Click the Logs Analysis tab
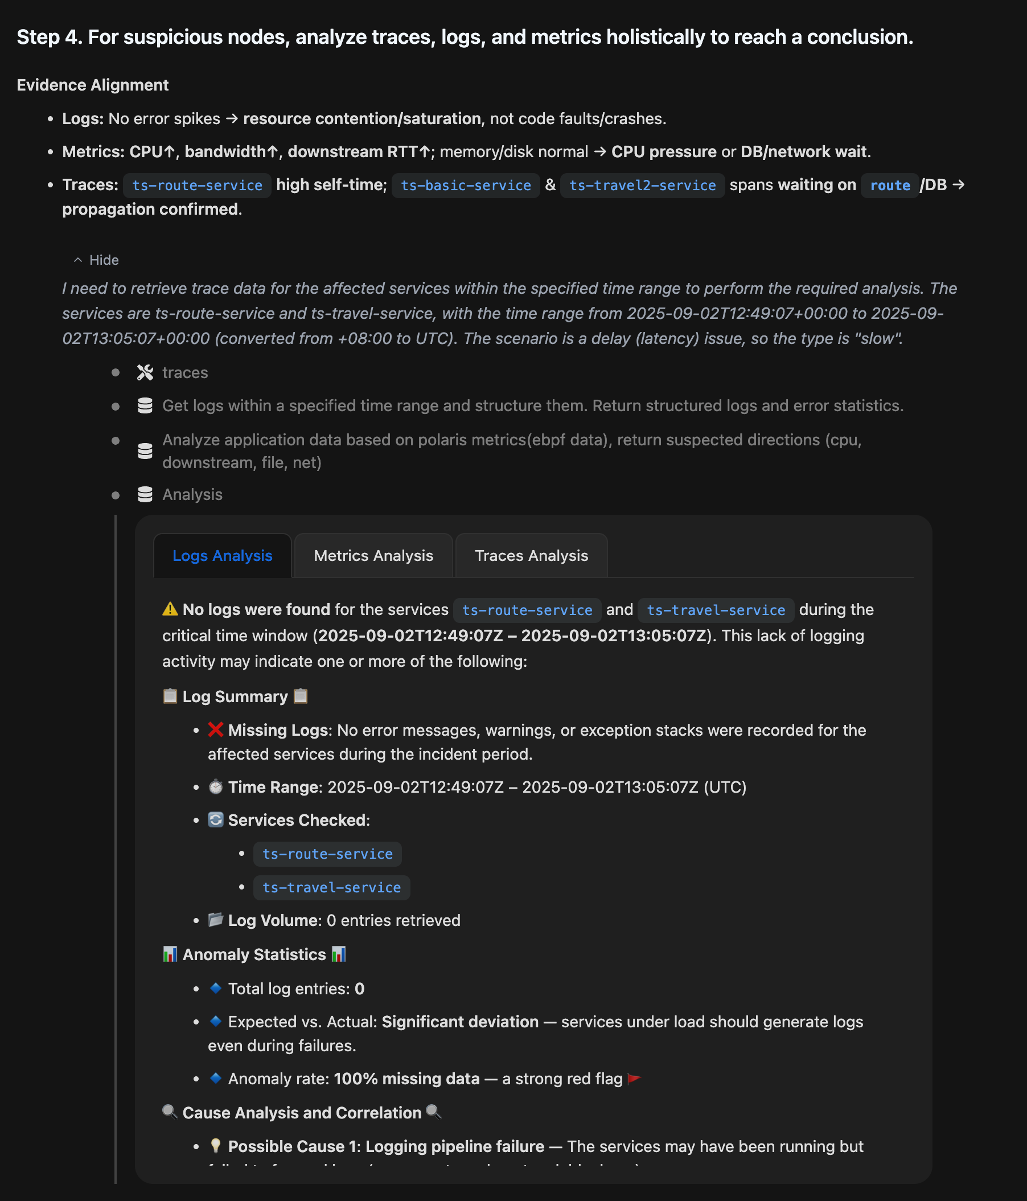[x=222, y=556]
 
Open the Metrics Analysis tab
[x=373, y=556]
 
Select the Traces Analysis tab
[x=531, y=556]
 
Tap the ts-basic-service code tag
[x=466, y=186]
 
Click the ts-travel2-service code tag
[x=642, y=186]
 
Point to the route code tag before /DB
[x=890, y=186]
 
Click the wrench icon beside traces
[x=145, y=372]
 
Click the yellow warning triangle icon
[x=170, y=609]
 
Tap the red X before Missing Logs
[x=216, y=729]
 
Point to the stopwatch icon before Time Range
[x=216, y=786]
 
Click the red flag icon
[x=634, y=1079]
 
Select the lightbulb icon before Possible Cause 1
[x=216, y=1146]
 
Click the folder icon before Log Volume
[x=216, y=920]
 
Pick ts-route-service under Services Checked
[x=327, y=854]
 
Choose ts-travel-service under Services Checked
[x=331, y=887]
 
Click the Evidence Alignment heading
[x=93, y=85]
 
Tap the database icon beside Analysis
[x=145, y=494]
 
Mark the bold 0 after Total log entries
[x=359, y=989]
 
